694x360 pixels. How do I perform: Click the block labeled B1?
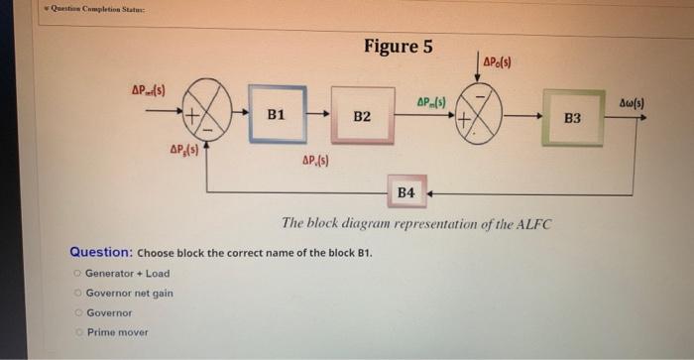point(277,114)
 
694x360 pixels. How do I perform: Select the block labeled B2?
point(362,116)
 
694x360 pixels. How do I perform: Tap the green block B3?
point(573,119)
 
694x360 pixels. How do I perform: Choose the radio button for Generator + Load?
point(77,273)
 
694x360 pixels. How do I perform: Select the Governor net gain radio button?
point(77,293)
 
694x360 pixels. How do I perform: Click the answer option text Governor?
point(109,312)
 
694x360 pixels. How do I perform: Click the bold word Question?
point(100,252)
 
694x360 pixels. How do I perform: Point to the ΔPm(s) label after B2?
point(431,102)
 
